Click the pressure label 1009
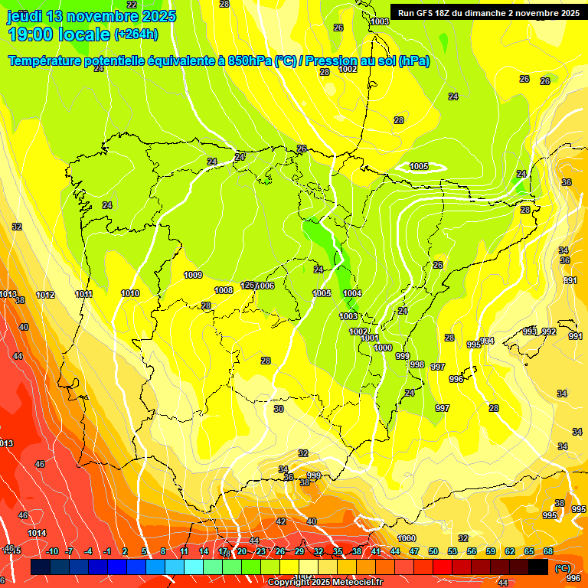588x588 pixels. click(x=193, y=275)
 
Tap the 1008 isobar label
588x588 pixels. click(x=224, y=290)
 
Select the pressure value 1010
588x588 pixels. click(x=130, y=293)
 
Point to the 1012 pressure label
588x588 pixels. click(x=45, y=295)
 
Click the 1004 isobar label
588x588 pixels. click(x=352, y=293)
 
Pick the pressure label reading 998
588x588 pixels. click(x=417, y=364)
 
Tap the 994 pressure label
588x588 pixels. click(x=488, y=341)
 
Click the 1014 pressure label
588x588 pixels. click(x=36, y=533)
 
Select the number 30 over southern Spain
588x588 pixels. click(x=279, y=410)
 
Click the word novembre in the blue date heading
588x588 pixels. click(x=102, y=16)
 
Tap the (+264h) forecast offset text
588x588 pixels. click(x=136, y=34)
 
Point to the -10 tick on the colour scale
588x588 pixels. click(x=52, y=551)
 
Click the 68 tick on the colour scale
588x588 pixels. click(x=548, y=551)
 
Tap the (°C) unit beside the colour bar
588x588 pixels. click(x=563, y=568)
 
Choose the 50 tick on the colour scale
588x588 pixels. click(x=433, y=551)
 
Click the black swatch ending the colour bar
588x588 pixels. click(x=539, y=567)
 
